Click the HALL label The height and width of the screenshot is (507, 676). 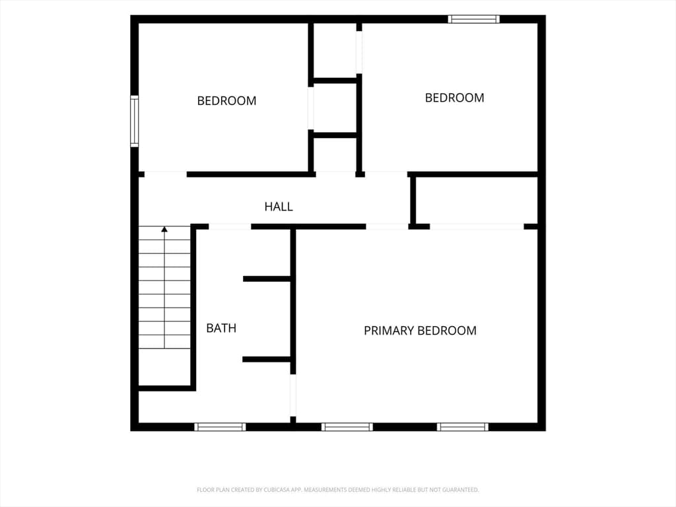coord(279,207)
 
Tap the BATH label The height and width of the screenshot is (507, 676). coord(221,328)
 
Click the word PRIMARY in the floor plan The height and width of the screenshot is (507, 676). coord(389,331)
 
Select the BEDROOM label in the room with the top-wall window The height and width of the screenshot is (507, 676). coord(454,98)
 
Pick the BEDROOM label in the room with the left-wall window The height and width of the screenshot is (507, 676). coord(227,101)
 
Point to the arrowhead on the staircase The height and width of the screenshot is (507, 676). coord(164,229)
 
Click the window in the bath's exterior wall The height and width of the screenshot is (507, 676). coord(220,427)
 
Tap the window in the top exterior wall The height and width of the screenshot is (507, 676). coord(473,19)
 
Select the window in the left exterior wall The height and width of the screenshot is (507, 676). coord(135,121)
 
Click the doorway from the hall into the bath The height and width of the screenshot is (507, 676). coord(230,227)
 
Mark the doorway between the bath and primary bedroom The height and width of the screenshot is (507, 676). coord(293,395)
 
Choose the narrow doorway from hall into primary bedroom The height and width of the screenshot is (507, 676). coord(387,227)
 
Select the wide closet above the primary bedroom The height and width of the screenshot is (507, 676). coord(477,201)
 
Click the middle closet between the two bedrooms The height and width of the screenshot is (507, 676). coord(335,108)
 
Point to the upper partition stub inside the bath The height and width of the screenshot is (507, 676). coord(267,279)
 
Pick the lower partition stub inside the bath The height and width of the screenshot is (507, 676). coord(267,360)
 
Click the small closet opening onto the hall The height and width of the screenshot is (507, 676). coord(335,154)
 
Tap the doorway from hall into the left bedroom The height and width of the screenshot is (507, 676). coord(166,174)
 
